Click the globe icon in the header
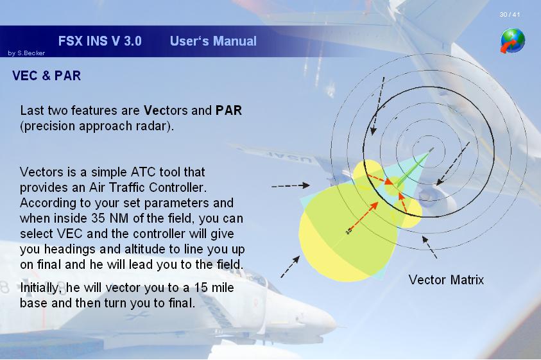513,40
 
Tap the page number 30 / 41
510,15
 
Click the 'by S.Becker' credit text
26,53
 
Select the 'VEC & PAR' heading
47,76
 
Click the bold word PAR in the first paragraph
228,110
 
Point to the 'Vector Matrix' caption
446,280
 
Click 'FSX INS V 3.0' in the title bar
100,41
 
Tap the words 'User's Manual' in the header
213,41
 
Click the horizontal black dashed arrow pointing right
291,185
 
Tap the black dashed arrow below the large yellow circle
290,266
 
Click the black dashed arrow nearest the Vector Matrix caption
429,247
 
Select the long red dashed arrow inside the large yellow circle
363,216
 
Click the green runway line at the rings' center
415,167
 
